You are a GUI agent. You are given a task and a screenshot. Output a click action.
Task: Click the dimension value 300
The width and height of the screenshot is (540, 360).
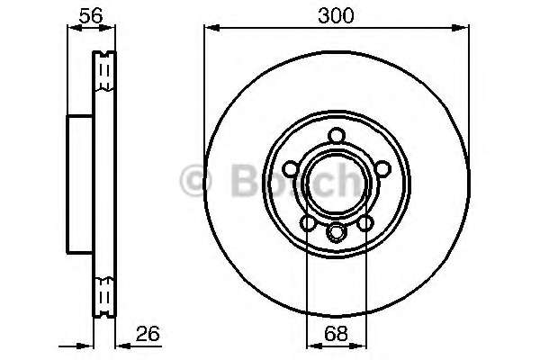[336, 16]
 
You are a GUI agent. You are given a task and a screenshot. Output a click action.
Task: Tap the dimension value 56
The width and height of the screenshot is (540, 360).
[91, 15]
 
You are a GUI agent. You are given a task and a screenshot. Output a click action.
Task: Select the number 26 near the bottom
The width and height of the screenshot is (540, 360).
[148, 333]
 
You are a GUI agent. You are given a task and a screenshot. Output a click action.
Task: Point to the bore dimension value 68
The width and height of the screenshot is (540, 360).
[336, 333]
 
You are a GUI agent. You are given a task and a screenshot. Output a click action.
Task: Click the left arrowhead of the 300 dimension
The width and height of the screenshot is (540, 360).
[211, 28]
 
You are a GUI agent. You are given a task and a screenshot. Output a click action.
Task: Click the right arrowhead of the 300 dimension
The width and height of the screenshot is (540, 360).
[461, 28]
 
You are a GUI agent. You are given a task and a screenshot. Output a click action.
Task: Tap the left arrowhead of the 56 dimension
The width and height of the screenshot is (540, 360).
[75, 28]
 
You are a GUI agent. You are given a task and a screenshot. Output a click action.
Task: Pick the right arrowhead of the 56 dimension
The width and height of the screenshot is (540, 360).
[107, 28]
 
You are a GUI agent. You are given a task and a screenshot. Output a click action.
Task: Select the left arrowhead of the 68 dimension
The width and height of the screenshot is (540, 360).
[314, 346]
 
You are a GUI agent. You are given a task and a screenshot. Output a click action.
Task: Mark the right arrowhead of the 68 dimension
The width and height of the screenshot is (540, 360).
[358, 346]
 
